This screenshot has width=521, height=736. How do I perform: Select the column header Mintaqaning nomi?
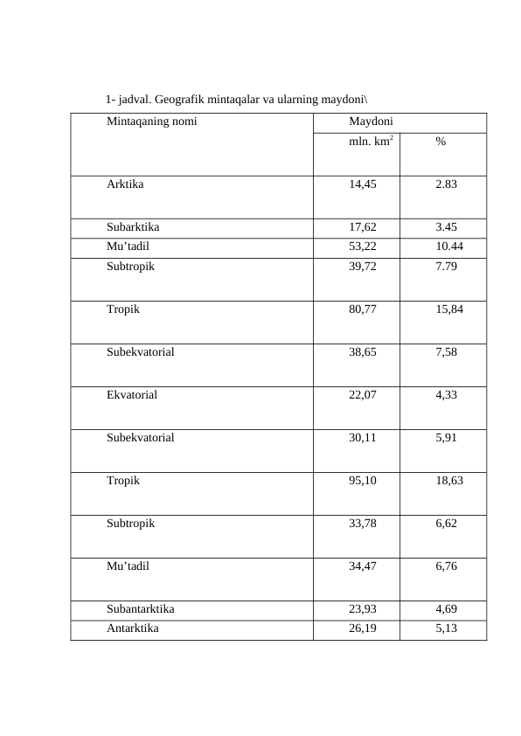tap(152, 122)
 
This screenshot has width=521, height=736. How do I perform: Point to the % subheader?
tap(441, 142)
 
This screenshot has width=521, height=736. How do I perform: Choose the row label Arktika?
tap(126, 184)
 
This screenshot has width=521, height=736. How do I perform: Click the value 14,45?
tap(363, 184)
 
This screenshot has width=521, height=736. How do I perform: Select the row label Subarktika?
tap(133, 226)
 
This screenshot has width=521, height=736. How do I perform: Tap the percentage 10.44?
tap(449, 246)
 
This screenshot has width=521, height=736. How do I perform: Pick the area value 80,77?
tap(363, 309)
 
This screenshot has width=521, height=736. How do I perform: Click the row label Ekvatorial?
tap(132, 394)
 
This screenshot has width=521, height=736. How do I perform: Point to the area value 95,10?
tap(363, 480)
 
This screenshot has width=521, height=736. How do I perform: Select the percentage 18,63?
tap(449, 480)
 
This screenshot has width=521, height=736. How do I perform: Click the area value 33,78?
tap(363, 524)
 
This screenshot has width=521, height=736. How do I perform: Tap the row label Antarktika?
tap(133, 628)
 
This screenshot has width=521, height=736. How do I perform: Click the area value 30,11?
tap(363, 437)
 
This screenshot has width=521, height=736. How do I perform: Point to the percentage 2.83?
tap(446, 184)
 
